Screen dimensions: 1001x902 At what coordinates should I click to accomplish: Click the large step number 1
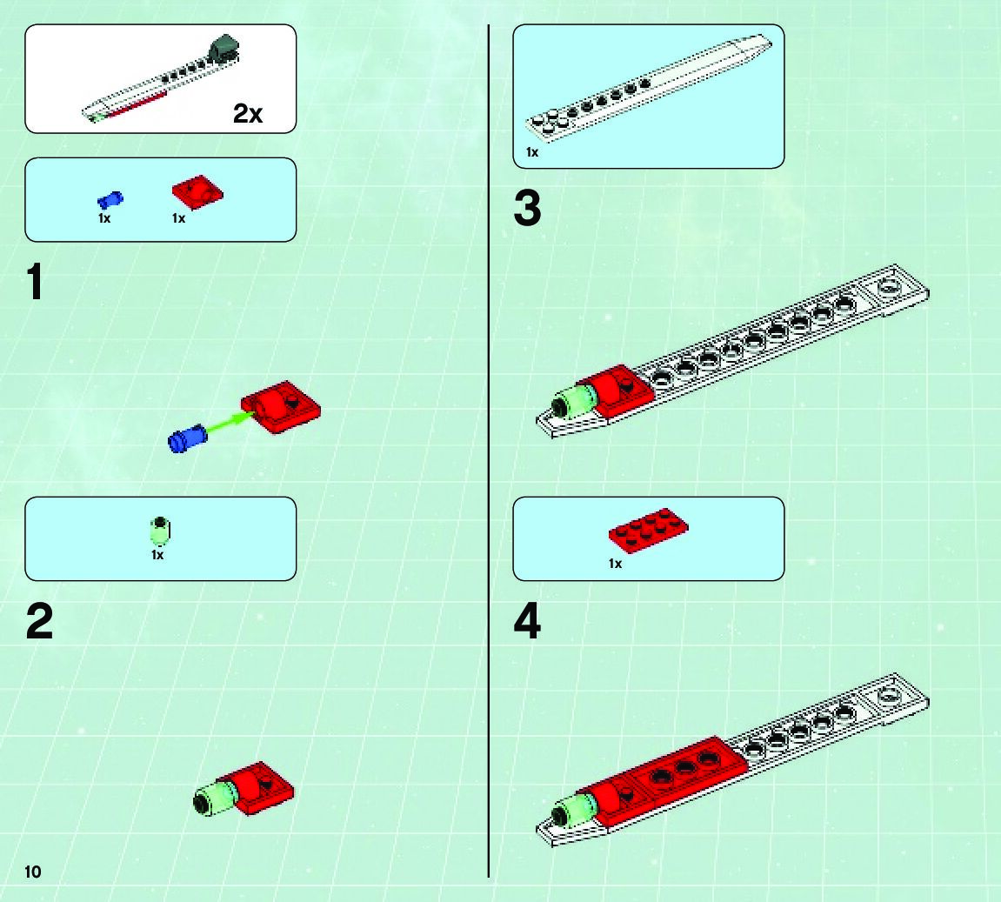pos(36,282)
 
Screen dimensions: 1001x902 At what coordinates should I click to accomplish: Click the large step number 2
pos(40,621)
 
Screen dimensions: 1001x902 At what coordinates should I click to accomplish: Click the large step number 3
pos(527,208)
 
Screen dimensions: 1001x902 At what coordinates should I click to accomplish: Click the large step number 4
pos(527,621)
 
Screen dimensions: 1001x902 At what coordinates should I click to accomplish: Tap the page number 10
pos(32,872)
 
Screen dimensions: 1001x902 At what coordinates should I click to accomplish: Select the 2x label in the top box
pos(248,114)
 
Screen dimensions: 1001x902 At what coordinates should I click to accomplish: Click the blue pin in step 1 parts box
pos(110,200)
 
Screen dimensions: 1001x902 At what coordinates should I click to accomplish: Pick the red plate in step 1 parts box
pos(197,190)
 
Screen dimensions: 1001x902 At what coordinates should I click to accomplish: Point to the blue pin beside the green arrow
pos(187,438)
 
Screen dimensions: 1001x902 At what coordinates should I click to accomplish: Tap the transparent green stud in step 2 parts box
pos(160,531)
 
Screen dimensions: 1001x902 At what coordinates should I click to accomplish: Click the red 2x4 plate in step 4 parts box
pos(648,530)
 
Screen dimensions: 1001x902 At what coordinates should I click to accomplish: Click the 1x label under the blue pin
pos(104,218)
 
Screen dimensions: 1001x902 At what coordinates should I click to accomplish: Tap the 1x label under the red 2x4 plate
pos(615,564)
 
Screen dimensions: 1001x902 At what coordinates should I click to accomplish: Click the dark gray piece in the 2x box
pos(224,50)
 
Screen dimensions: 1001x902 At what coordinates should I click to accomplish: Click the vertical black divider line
pos(489,451)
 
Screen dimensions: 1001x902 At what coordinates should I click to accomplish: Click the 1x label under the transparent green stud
pos(157,555)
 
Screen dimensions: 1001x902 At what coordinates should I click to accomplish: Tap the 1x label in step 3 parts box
pos(532,152)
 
